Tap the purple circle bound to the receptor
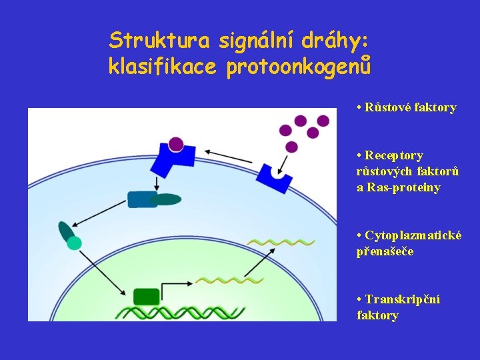coord(176,143)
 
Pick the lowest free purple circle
coord(291,147)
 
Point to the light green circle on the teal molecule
coord(75,243)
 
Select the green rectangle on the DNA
coord(146,296)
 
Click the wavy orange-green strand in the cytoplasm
coord(280,242)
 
